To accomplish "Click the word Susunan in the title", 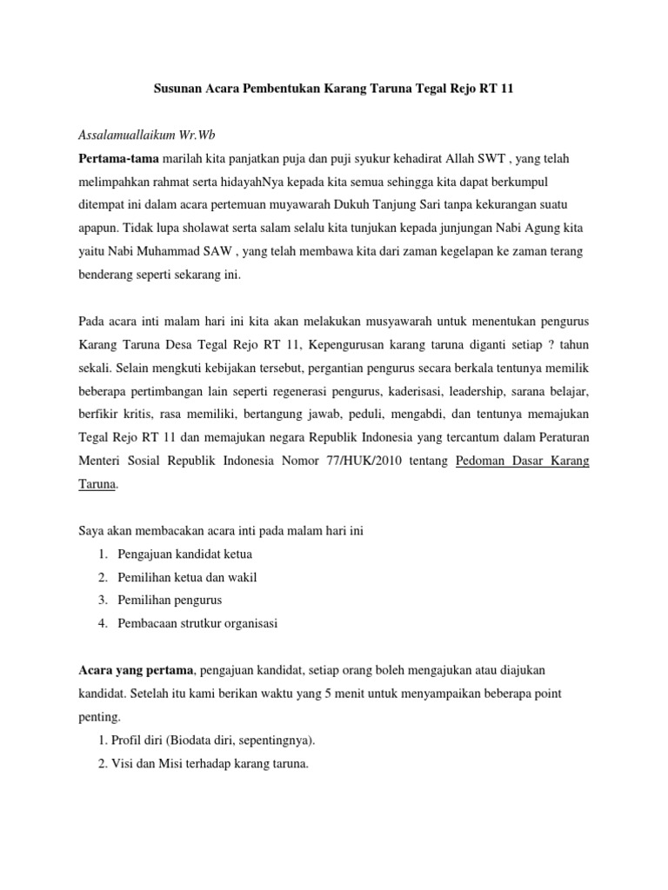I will pyautogui.click(x=179, y=90).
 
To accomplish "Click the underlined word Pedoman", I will pyautogui.click(x=482, y=462).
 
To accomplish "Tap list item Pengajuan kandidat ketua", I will pyautogui.click(x=182, y=554).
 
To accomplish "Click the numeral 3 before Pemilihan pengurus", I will pyautogui.click(x=103, y=600).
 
